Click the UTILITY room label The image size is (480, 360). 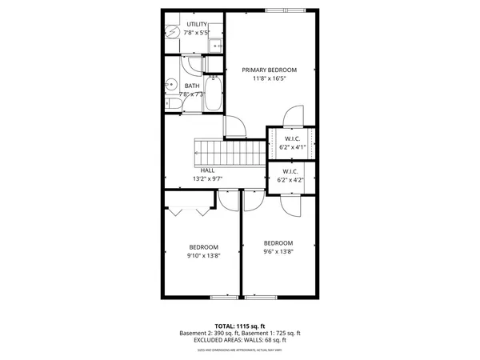coord(195,25)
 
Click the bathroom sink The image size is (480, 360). coord(170,82)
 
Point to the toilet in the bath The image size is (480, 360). coord(172,104)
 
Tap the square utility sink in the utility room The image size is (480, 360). coord(215,46)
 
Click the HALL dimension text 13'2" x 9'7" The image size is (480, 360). coord(208,179)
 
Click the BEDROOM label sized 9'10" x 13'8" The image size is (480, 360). coord(203,246)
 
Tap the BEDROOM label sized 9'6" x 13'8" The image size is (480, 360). coord(278,243)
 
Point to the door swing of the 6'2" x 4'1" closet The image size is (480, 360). coord(293,117)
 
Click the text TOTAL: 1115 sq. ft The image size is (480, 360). coord(239,326)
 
